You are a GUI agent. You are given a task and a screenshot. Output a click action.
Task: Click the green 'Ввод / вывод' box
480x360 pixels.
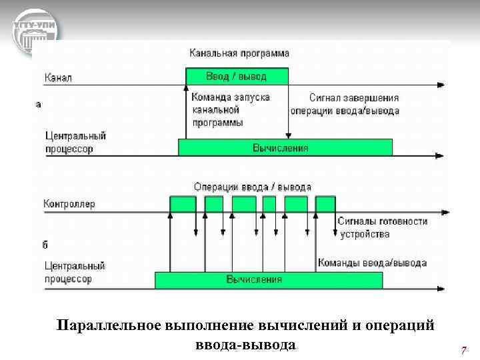click(x=237, y=76)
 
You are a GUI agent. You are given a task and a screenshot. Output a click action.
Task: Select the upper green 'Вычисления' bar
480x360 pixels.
click(x=285, y=147)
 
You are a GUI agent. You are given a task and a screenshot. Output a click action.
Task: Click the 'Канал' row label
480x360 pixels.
click(x=58, y=78)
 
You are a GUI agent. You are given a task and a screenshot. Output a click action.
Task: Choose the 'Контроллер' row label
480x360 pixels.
click(x=69, y=203)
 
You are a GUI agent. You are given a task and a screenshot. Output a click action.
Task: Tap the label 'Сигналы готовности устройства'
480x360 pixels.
click(x=382, y=227)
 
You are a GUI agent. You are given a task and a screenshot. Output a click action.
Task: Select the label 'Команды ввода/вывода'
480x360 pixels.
click(x=372, y=263)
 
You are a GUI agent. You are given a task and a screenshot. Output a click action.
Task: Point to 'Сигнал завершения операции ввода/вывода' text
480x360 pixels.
click(x=345, y=104)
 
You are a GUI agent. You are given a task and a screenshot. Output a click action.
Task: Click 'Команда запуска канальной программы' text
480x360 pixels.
click(x=229, y=109)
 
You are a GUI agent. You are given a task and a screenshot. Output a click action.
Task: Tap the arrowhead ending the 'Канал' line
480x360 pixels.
click(x=443, y=86)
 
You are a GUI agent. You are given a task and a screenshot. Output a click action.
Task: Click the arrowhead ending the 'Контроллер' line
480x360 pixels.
click(x=443, y=213)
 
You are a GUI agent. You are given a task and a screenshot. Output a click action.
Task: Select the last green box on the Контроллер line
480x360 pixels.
click(x=325, y=204)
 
